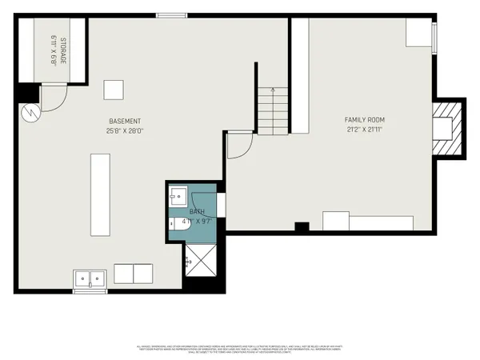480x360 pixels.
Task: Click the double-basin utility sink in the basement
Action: [x=90, y=278]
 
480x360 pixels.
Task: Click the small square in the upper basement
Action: [x=115, y=89]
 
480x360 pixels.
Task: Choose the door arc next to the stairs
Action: [x=238, y=146]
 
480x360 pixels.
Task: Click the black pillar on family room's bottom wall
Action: [x=301, y=228]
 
